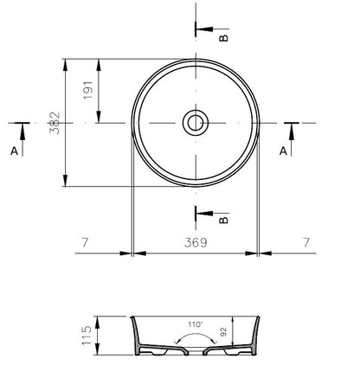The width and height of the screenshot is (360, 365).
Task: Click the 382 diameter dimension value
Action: (x=55, y=123)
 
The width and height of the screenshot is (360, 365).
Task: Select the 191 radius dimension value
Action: (x=88, y=90)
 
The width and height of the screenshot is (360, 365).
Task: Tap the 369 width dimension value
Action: (x=196, y=242)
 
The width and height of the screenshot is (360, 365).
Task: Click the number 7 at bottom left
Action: (x=85, y=242)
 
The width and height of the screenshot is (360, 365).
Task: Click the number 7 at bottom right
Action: (x=306, y=242)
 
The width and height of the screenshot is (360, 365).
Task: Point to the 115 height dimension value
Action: (x=87, y=336)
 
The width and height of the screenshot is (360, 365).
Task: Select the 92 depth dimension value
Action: (x=223, y=332)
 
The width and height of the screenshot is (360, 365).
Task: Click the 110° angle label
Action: (x=196, y=324)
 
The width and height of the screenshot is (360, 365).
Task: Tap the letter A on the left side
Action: (x=14, y=150)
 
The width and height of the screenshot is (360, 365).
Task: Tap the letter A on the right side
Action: (x=283, y=150)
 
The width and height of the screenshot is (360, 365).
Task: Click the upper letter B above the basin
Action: (x=223, y=38)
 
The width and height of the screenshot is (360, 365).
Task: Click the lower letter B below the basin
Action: (x=223, y=220)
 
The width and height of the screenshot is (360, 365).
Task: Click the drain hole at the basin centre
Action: (x=196, y=123)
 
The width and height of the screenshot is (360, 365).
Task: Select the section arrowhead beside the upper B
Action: (x=205, y=29)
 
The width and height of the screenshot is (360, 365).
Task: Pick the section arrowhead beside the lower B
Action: (x=205, y=214)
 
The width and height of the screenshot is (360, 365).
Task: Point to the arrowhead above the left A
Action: (x=22, y=133)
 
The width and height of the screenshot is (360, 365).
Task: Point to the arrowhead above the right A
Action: (x=292, y=133)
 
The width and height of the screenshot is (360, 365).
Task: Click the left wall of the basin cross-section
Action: (x=135, y=335)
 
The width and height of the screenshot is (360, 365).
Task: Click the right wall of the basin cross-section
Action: (x=255, y=335)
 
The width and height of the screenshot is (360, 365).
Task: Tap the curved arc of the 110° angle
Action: (x=196, y=334)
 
